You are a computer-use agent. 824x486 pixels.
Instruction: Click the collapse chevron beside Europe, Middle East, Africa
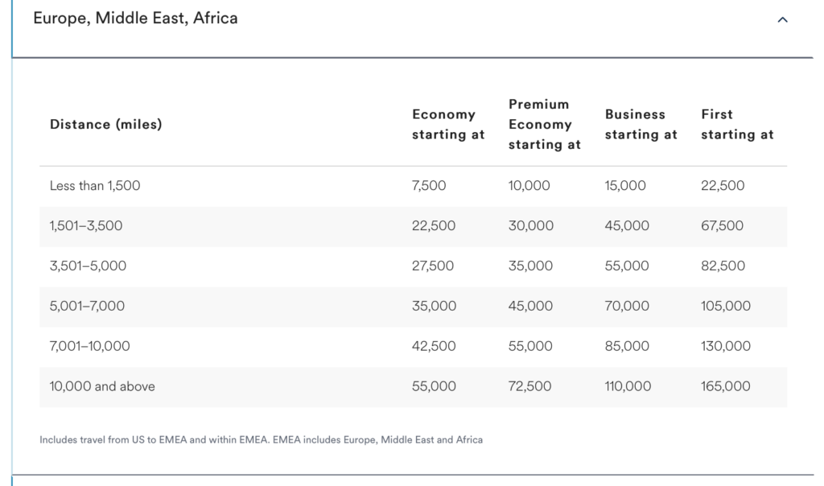[x=782, y=19]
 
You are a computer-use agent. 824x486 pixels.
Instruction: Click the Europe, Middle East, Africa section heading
[x=135, y=19]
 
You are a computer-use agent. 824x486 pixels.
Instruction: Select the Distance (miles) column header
[x=106, y=125]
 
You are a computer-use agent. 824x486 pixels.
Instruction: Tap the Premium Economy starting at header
[x=545, y=125]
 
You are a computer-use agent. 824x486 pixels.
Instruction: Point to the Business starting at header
[x=641, y=125]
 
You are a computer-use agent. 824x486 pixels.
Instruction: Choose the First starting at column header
[x=737, y=125]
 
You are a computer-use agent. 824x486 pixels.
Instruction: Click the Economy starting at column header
[x=447, y=125]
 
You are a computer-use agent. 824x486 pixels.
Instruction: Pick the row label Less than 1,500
[x=95, y=185]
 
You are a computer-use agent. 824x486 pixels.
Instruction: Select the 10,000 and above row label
[x=102, y=386]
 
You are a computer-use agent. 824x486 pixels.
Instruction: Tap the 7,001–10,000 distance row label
[x=90, y=346]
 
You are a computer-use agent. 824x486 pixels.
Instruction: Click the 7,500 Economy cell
[x=429, y=185]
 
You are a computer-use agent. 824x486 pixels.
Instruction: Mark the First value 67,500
[x=722, y=226]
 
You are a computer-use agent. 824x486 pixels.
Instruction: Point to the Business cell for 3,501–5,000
[x=627, y=266]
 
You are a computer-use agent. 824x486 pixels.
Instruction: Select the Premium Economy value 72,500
[x=529, y=386]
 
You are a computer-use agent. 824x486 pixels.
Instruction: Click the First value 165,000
[x=726, y=386]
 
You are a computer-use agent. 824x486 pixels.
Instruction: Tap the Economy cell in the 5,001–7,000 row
[x=434, y=306]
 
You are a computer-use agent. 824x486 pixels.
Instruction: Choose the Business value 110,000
[x=628, y=386]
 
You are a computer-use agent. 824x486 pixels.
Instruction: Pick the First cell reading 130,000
[x=726, y=346]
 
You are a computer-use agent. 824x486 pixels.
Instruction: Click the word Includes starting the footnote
[x=58, y=440]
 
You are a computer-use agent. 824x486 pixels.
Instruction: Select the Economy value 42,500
[x=434, y=346]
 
